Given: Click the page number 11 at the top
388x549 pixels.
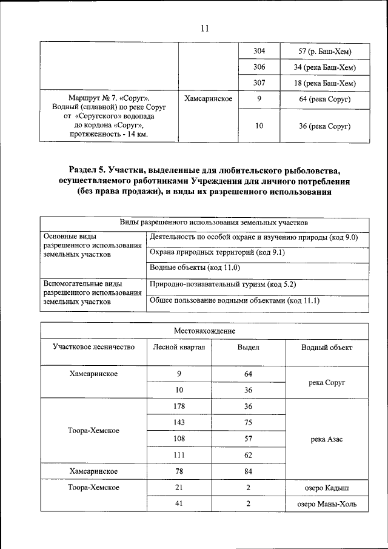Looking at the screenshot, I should coord(204,28).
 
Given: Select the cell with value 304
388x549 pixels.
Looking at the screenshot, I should coord(259,50).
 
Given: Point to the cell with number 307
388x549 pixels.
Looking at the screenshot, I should coord(259,83).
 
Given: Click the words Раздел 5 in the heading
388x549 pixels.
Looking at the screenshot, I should coord(92,170).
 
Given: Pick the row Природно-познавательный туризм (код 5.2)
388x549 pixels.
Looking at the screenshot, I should coord(222,284).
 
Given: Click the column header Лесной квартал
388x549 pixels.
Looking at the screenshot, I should coord(179,347).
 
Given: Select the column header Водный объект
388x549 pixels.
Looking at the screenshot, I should coord(327,348).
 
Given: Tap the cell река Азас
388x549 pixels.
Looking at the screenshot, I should coord(327,439).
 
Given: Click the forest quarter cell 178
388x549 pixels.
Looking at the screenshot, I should coord(179,406).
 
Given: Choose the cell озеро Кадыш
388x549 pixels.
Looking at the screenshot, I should coord(327,487).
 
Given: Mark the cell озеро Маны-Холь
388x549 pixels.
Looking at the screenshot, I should coord(327,504).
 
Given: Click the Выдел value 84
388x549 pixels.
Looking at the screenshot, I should coord(248,471).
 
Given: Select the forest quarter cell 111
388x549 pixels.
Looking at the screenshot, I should coord(179,454).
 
